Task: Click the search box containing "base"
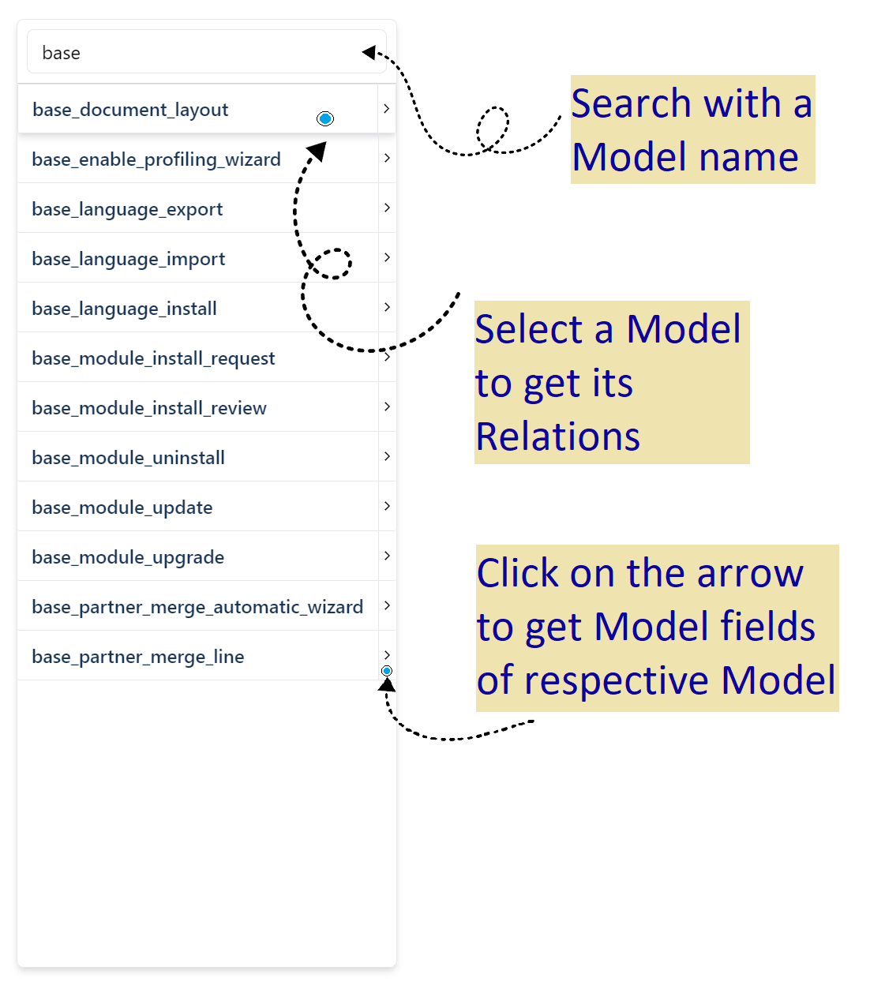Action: click(197, 53)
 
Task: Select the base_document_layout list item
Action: click(130, 110)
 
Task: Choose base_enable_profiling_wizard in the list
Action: click(156, 159)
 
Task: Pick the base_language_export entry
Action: click(127, 209)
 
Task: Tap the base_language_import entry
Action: click(129, 259)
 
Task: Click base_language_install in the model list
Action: click(125, 309)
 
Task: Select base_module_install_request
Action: click(153, 358)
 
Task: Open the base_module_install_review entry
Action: click(149, 408)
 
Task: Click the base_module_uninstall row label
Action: click(129, 458)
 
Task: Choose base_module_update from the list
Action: click(122, 508)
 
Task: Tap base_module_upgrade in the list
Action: click(128, 557)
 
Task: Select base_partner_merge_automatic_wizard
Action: click(197, 607)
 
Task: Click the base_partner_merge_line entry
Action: click(138, 657)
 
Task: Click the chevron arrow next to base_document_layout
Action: click(387, 109)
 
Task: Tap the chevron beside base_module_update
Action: click(387, 506)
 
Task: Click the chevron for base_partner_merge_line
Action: click(387, 655)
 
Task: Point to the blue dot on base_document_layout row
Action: click(325, 118)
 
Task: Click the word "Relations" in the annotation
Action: click(558, 436)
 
